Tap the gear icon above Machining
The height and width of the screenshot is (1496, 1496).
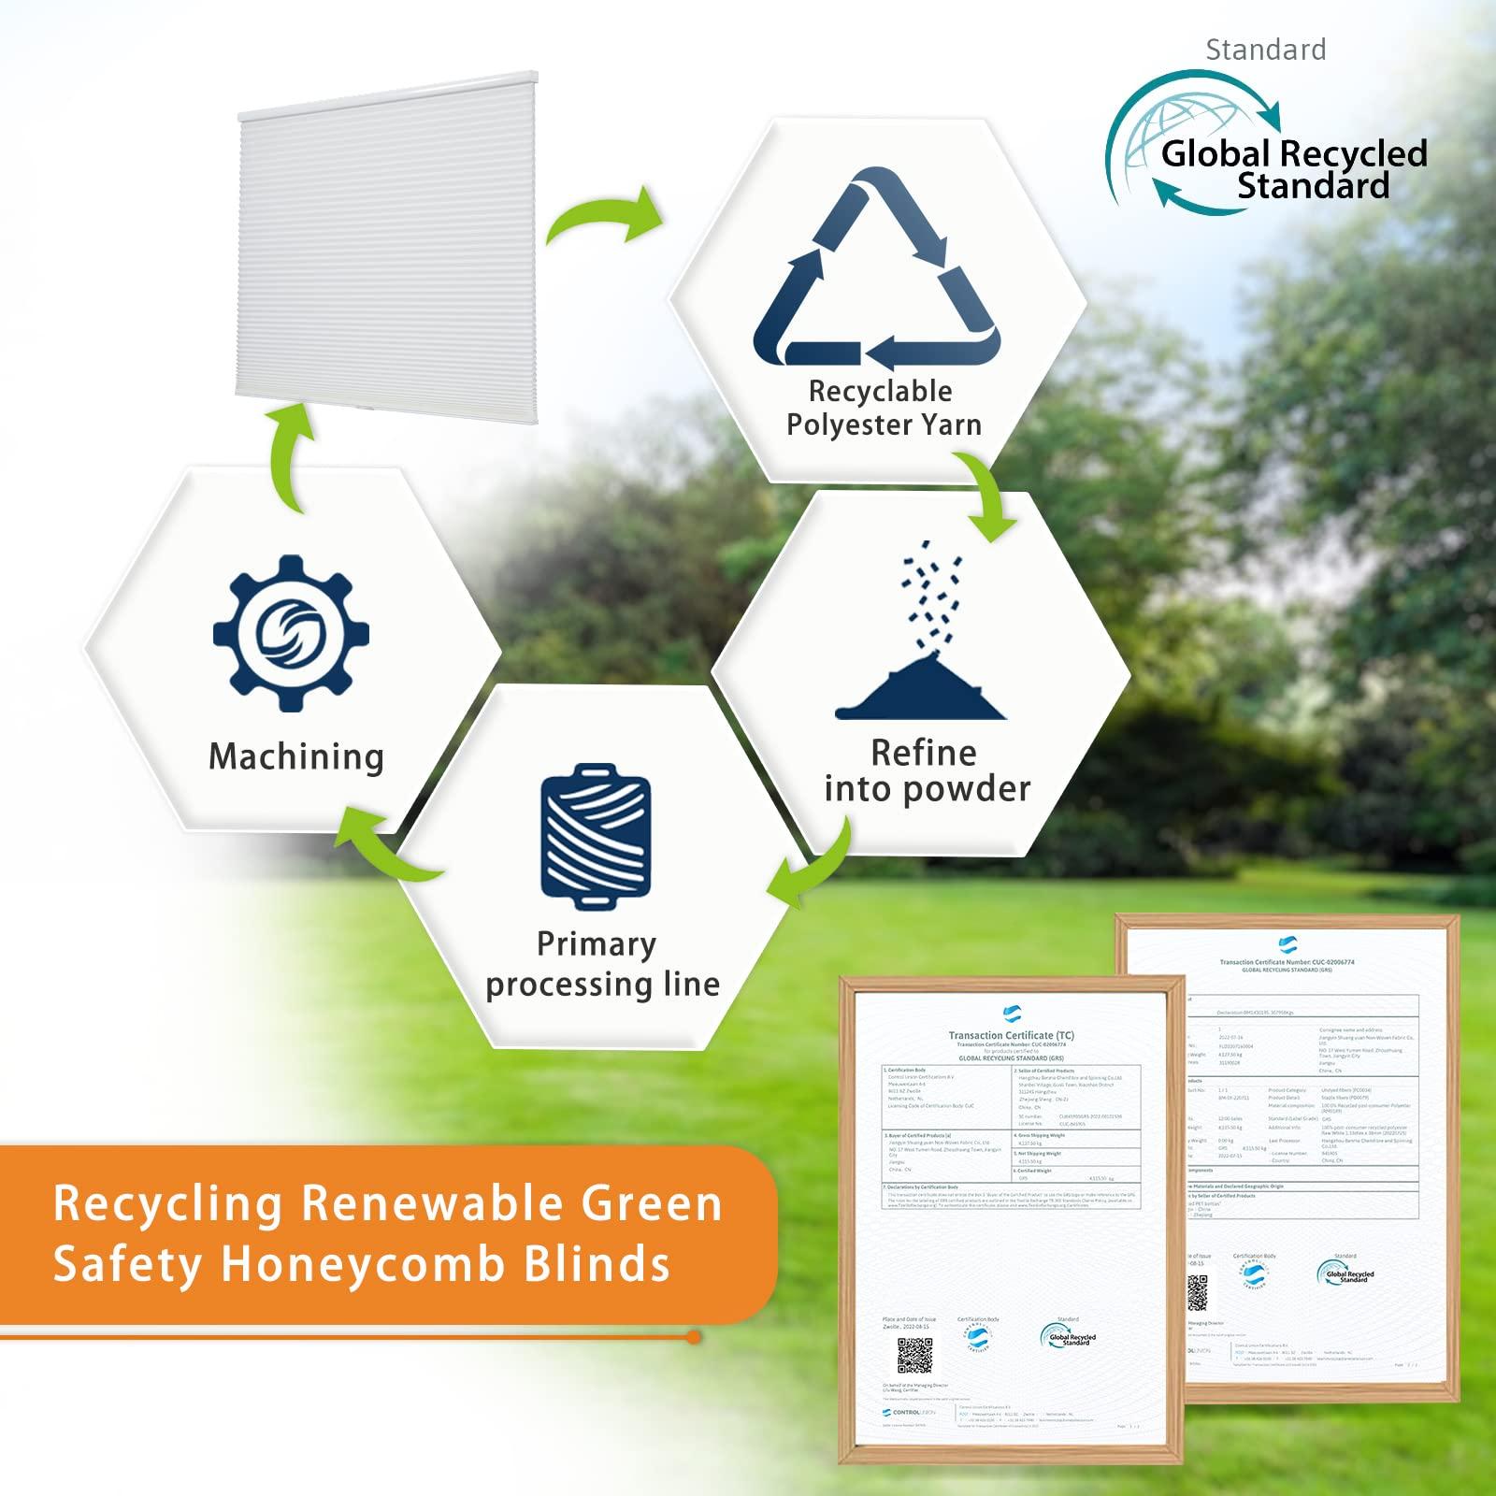coord(291,636)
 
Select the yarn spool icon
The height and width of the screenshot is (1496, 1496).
coord(596,835)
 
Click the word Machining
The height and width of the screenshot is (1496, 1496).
coord(296,756)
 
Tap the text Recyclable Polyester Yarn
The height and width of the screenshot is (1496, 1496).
coord(883,408)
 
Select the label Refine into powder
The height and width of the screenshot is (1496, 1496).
coord(926,770)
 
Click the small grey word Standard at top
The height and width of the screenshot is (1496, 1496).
coord(1265,50)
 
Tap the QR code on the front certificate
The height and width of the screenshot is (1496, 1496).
coord(913,1355)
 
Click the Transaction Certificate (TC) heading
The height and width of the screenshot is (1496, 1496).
coord(1011,1035)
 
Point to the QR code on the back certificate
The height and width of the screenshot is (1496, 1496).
coord(1198,1292)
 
